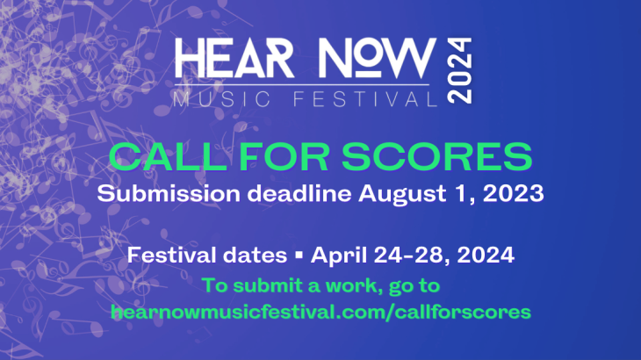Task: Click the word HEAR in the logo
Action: coord(234,58)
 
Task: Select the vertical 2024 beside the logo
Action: coord(459,71)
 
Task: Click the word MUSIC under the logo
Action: coord(222,99)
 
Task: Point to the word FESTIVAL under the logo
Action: coord(366,99)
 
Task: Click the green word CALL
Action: coord(168,157)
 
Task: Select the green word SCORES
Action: coord(436,157)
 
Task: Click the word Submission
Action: coord(169,193)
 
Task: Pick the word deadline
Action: coord(299,193)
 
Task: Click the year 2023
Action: coord(514,194)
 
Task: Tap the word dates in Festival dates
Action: coord(256,256)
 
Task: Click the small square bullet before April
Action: coord(299,256)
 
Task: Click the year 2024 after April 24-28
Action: coord(486,256)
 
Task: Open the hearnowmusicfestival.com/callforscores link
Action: coord(320,312)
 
